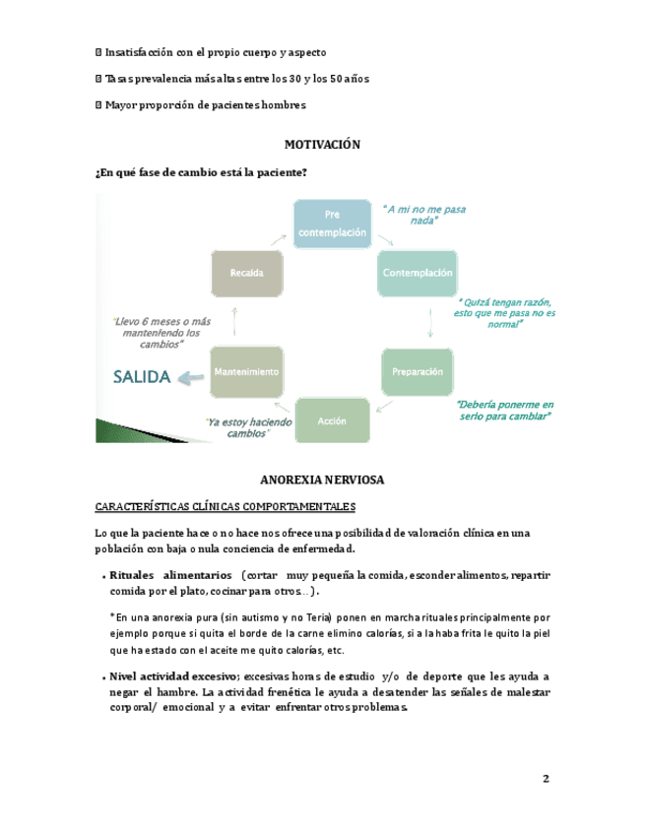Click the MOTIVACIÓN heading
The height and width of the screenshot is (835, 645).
pos(322,145)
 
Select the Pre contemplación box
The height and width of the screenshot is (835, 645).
pos(332,225)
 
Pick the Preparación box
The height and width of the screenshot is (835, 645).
pos(418,372)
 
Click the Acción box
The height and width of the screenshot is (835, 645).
pos(332,420)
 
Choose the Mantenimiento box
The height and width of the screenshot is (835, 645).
pos(246,372)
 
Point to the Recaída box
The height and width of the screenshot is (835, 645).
pos(246,273)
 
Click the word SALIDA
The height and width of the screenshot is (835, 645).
pos(142,376)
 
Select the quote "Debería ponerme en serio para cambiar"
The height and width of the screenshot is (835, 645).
pos(505,411)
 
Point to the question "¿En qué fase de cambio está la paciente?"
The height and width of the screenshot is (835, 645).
pos(201,172)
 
